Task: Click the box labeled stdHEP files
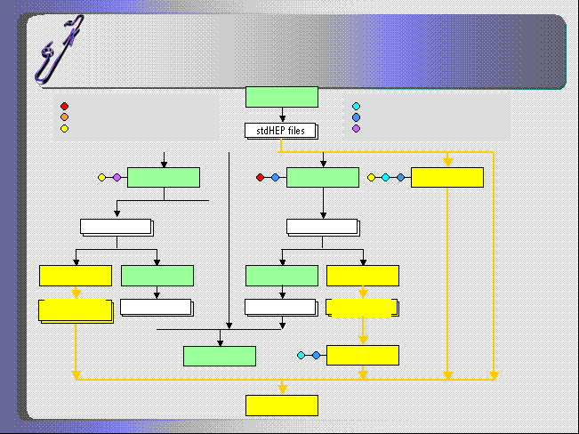pos(281,131)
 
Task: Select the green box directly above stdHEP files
pos(281,96)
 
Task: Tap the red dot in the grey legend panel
pos(64,106)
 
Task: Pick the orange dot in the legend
pos(64,117)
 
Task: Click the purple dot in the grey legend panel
pos(357,128)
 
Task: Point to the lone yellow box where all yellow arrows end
pos(281,405)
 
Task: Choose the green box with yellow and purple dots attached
pos(164,178)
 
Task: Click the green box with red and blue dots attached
pos(323,178)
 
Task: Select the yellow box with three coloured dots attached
pos(447,178)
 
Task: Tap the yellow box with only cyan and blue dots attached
pos(363,356)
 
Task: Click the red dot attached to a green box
pos(260,178)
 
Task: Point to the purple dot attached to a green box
pos(117,178)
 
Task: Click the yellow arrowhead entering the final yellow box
pos(282,389)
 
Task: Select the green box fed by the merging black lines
pos(220,356)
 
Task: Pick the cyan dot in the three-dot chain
pos(386,178)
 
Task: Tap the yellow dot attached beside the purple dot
pos(101,178)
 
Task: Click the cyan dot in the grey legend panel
pos(357,106)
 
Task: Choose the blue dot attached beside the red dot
pos(275,178)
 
